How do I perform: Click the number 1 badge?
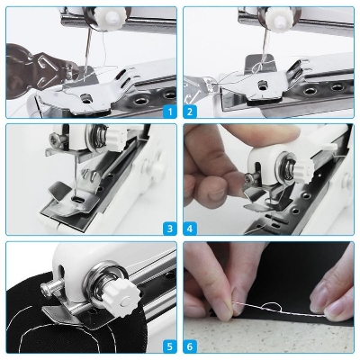click(168, 112)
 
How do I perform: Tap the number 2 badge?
click(191, 112)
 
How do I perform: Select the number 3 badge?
click(168, 229)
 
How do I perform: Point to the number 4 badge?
click(191, 229)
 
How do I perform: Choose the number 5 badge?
click(168, 345)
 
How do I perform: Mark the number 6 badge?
click(191, 345)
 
